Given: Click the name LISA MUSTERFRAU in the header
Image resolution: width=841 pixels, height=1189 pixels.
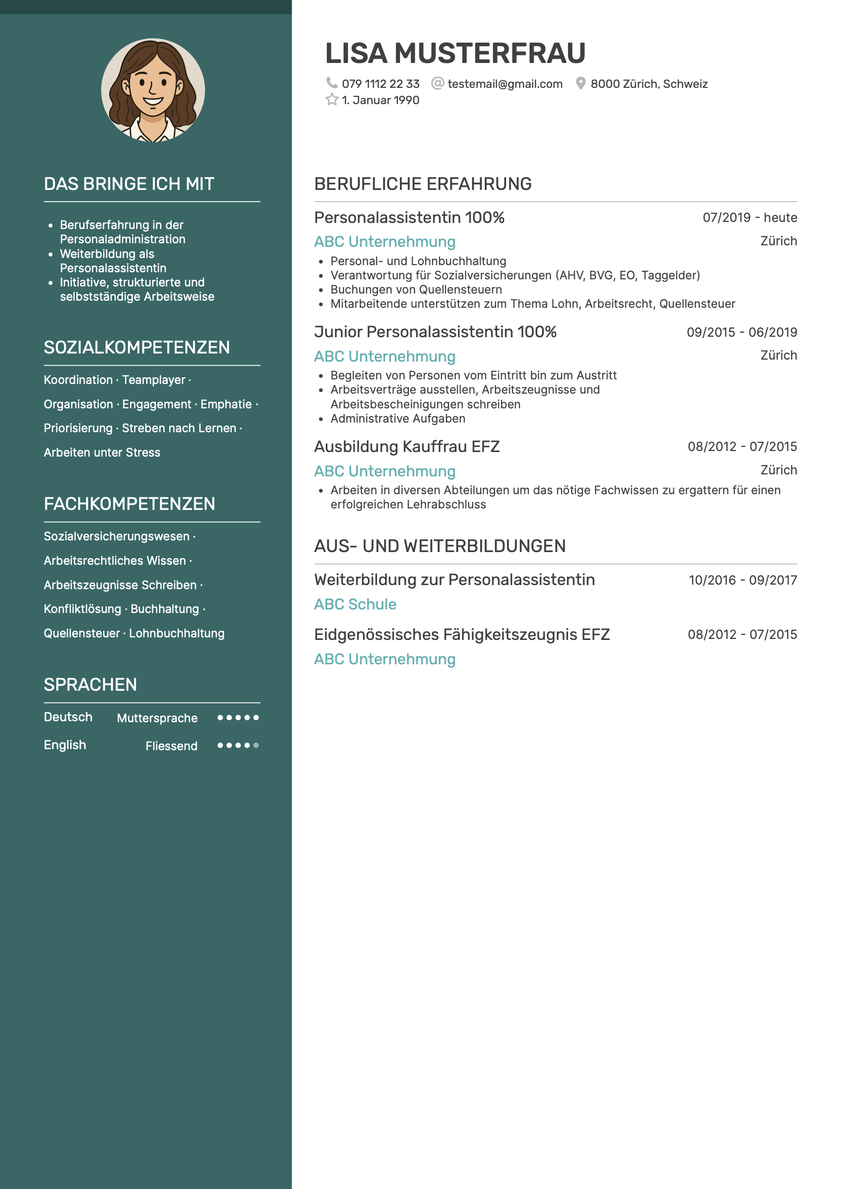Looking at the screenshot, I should tap(454, 53).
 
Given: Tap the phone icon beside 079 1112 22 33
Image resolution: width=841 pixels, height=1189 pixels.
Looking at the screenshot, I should tap(332, 83).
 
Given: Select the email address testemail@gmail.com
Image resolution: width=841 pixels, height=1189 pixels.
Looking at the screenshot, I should tap(505, 84).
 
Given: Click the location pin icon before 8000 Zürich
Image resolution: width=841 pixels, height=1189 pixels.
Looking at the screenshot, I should tap(580, 83).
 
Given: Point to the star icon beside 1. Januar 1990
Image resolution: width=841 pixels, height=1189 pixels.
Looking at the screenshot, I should tap(332, 100).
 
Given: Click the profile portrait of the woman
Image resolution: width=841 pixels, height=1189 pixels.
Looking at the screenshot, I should tap(153, 90).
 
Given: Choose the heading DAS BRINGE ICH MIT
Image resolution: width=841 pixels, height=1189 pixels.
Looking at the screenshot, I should tap(129, 184).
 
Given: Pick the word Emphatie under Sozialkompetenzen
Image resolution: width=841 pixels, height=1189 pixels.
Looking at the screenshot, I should tap(226, 404).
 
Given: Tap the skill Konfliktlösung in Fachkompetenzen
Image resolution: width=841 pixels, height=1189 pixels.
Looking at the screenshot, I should tap(82, 609).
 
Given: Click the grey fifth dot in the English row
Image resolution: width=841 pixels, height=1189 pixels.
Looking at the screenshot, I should tap(256, 745).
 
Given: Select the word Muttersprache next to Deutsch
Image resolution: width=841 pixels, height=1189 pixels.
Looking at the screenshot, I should tap(157, 718).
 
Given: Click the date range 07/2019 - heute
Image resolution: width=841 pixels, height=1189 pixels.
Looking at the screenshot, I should tap(750, 217).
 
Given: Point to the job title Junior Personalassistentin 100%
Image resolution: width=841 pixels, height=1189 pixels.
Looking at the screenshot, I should tap(435, 332).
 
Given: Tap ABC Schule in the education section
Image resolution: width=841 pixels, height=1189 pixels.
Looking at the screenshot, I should tap(355, 604).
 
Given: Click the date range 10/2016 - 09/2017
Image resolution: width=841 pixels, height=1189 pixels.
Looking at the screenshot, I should tap(742, 580).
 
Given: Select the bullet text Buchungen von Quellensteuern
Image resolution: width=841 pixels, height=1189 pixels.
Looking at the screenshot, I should tap(416, 290).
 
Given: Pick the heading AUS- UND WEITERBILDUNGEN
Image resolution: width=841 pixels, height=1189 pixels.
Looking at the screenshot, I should tap(440, 547).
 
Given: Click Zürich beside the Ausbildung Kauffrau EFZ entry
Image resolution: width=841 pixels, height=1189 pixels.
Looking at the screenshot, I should tap(778, 470).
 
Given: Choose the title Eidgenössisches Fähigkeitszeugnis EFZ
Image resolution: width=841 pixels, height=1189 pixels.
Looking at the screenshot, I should tap(462, 634).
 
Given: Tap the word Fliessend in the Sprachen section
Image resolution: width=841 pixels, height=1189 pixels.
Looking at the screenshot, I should tap(172, 746).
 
